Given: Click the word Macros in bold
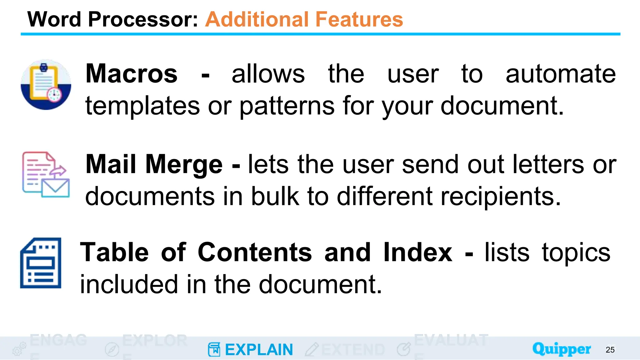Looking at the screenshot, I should (x=132, y=74).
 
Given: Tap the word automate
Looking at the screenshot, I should (x=561, y=74).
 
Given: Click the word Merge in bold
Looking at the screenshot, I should (x=184, y=165).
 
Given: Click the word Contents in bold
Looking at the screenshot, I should (x=255, y=252).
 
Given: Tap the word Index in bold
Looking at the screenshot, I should (x=417, y=252).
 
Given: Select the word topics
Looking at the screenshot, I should (x=576, y=252).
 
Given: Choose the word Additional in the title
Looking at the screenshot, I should (x=256, y=19).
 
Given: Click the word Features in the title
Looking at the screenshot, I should (x=359, y=19).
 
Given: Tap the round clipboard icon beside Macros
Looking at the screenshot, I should (x=46, y=84).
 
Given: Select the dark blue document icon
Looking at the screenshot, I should (x=41, y=263).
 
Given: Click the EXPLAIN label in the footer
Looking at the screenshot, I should (x=259, y=350).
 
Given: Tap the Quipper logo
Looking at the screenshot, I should (x=562, y=349).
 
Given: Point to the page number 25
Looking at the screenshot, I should (x=610, y=350).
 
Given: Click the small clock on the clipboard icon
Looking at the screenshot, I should (x=54, y=94).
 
